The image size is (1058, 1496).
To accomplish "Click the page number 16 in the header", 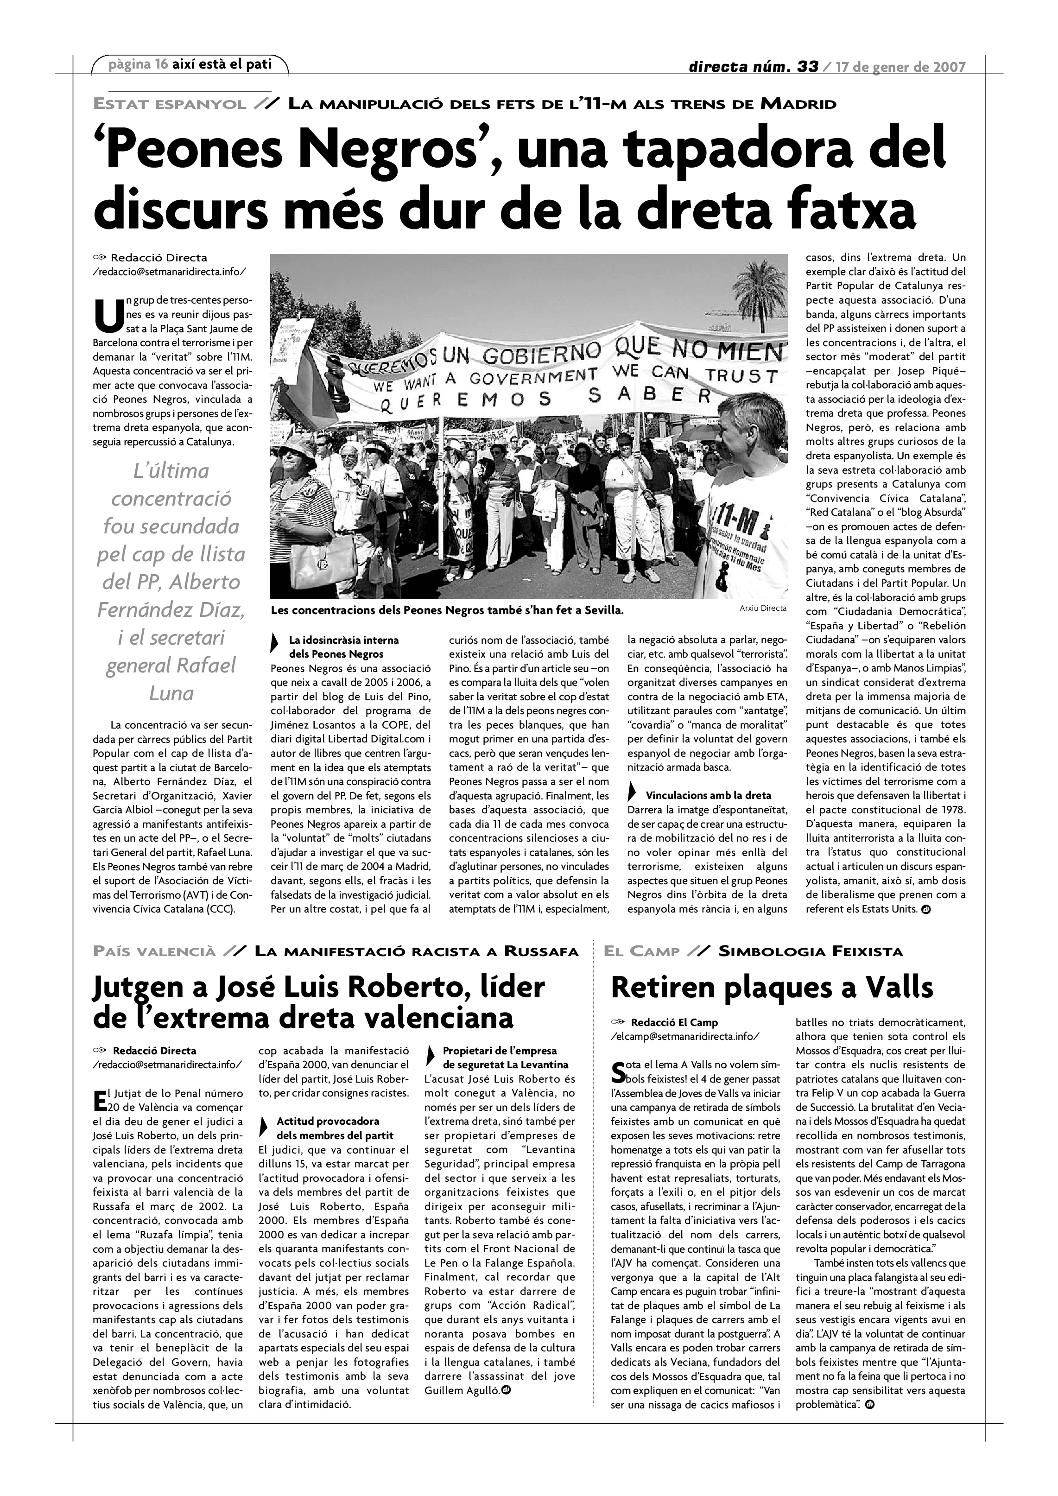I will [x=161, y=64].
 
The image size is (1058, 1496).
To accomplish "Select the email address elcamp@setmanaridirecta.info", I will [x=684, y=1035].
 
